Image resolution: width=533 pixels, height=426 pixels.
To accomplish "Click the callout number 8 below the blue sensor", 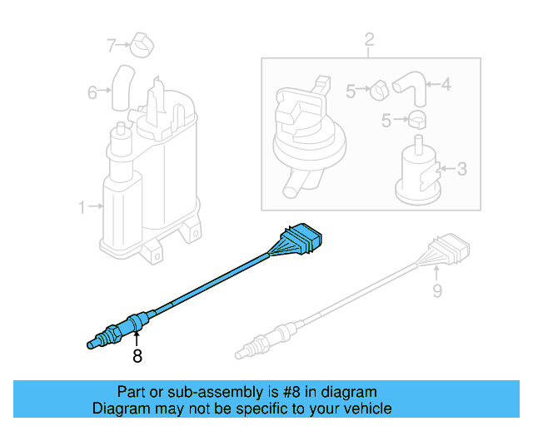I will point(137,356).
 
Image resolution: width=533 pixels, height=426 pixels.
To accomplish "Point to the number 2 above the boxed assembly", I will point(369,39).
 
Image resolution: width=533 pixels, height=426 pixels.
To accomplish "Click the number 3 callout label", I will point(462,170).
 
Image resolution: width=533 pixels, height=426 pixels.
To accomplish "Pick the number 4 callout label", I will point(446,84).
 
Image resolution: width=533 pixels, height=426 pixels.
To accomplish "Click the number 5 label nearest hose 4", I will point(351,92).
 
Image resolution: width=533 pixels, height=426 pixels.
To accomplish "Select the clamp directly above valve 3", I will point(418,120).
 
